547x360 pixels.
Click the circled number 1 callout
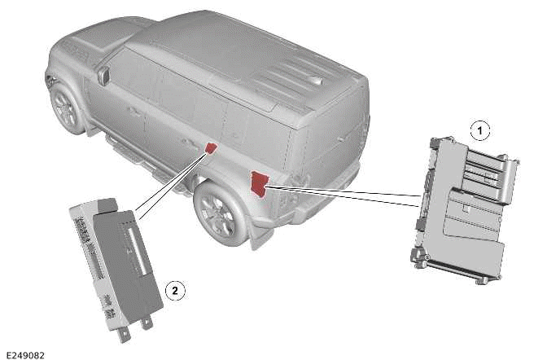pyautogui.click(x=480, y=131)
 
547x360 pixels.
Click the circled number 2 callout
pyautogui.click(x=175, y=290)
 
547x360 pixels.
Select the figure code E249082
pyautogui.click(x=25, y=355)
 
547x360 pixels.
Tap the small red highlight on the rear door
pyautogui.click(x=211, y=148)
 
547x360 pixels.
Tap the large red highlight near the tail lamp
pyautogui.click(x=260, y=183)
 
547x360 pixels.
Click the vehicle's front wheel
pyautogui.click(x=66, y=108)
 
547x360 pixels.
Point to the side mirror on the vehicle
pyautogui.click(x=103, y=76)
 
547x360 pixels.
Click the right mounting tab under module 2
pyautogui.click(x=147, y=323)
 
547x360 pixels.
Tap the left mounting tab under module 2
pyautogui.click(x=125, y=335)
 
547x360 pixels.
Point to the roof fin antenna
pyautogui.click(x=313, y=80)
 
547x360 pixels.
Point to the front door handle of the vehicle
pyautogui.click(x=134, y=112)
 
